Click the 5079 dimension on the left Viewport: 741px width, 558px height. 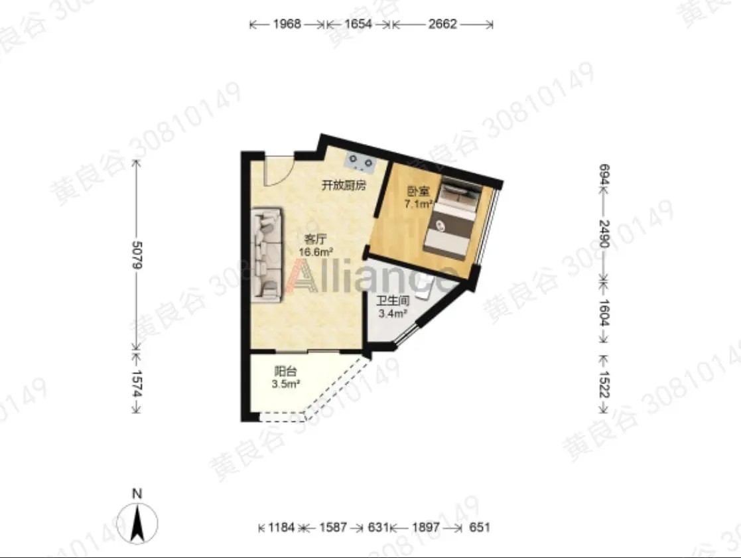point(137,255)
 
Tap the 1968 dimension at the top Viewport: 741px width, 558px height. point(287,24)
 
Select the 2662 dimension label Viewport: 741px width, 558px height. point(442,24)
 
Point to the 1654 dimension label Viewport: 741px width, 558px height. point(358,24)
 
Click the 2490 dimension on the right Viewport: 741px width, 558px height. point(604,234)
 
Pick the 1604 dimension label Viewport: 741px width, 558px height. point(604,313)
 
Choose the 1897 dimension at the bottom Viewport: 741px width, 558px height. point(426,527)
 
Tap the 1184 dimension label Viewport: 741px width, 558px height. point(281,527)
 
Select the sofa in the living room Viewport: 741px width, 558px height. point(267,255)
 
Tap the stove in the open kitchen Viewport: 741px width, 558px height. point(361,161)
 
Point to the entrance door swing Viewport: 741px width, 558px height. point(279,170)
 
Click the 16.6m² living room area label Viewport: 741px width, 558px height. point(316,252)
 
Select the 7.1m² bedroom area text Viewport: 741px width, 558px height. point(419,204)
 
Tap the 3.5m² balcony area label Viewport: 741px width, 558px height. point(286,384)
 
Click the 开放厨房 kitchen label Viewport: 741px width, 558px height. point(344,185)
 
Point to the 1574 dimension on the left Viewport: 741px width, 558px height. point(137,383)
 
